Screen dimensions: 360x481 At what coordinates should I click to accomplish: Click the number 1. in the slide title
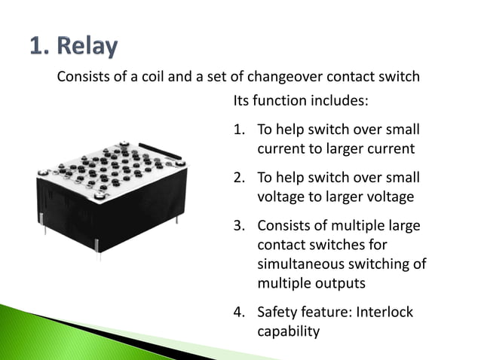(x=39, y=47)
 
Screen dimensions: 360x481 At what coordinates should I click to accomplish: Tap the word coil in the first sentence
(x=171, y=77)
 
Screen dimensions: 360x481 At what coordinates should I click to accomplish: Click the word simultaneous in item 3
(x=302, y=264)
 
